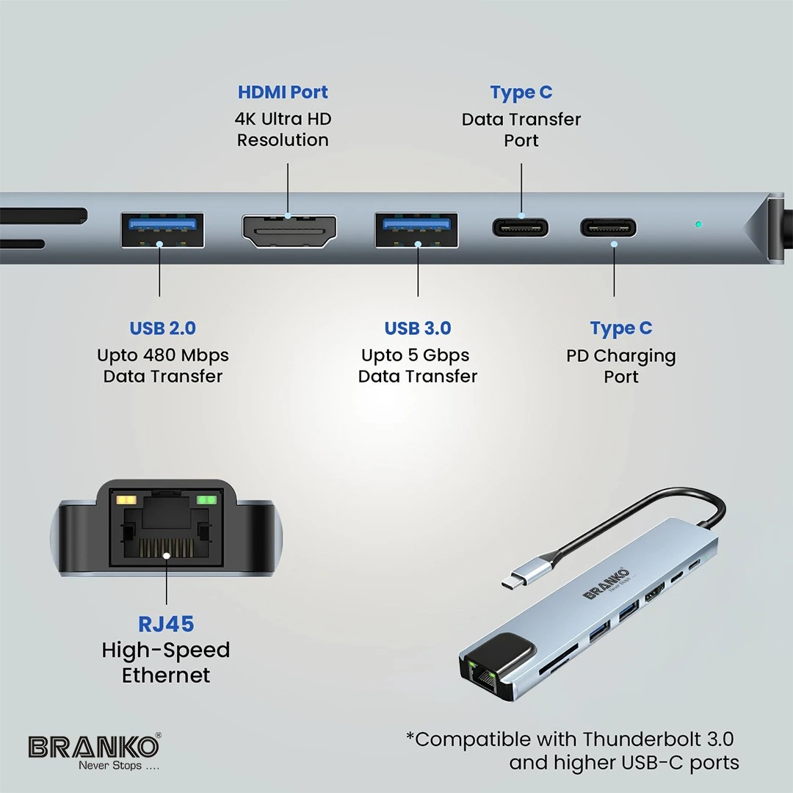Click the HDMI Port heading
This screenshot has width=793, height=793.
283,92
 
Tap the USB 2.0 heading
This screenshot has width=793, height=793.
162,328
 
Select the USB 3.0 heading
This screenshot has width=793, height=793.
418,328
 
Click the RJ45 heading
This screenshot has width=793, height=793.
166,624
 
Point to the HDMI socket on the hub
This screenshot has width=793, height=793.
289,231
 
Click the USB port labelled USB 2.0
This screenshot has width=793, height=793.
162,230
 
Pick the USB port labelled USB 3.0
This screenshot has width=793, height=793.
416,230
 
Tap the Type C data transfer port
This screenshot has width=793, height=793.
521,228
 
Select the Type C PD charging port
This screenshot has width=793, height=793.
609,228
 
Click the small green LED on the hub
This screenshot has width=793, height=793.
698,224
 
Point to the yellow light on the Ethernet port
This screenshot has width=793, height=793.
126,500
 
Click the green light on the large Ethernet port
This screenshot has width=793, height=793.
206,500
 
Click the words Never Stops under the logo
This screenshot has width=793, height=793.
110,766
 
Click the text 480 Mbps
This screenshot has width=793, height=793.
186,355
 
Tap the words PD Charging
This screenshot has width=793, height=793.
621,356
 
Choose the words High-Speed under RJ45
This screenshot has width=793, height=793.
166,651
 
